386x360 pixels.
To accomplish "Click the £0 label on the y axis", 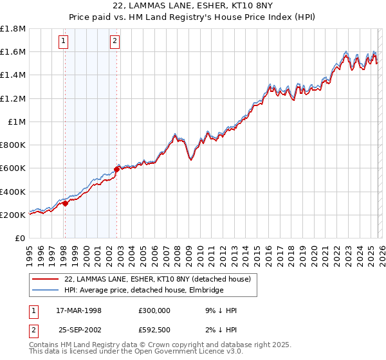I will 21,238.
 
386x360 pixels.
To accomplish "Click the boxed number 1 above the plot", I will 64,42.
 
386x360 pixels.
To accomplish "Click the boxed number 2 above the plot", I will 115,42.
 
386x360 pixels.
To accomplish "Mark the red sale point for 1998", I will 65,203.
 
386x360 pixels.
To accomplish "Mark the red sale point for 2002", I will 116,169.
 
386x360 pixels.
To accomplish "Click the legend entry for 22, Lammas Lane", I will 161,279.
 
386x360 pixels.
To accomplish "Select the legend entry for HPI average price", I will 143,291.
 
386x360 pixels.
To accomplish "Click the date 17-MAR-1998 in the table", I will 78,310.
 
